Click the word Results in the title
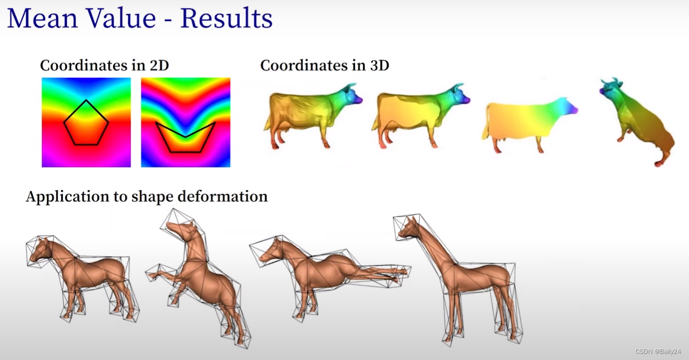[226, 18]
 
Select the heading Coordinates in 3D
[324, 65]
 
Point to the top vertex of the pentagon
[86, 100]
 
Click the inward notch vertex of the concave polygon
[185, 137]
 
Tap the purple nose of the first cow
[360, 100]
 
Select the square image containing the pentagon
[86, 122]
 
